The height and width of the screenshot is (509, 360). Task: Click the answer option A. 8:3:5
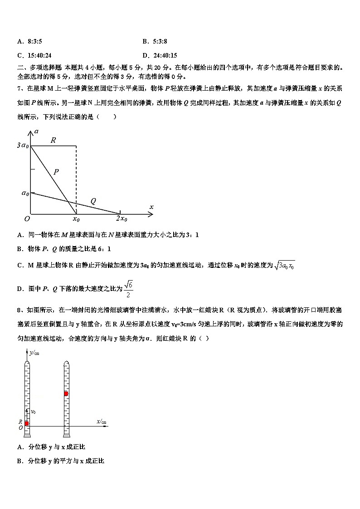click(x=29, y=42)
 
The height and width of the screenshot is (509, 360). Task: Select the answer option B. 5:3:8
click(x=155, y=42)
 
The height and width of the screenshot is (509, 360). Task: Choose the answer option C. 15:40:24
click(x=34, y=55)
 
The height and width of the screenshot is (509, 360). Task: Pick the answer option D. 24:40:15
click(x=160, y=55)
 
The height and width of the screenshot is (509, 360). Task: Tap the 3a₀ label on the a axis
click(x=22, y=146)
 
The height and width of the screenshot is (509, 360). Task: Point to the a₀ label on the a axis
click(x=25, y=194)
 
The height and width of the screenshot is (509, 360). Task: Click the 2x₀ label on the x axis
click(x=121, y=219)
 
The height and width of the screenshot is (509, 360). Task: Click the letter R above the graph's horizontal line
click(x=53, y=141)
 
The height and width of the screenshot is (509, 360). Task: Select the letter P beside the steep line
click(x=56, y=172)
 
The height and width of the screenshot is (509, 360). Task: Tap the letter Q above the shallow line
click(x=93, y=201)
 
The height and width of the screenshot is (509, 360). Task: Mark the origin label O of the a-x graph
click(x=27, y=218)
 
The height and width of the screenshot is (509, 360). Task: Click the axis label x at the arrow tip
click(x=151, y=207)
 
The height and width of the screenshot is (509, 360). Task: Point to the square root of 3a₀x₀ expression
click(x=285, y=266)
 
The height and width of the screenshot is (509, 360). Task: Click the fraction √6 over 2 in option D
click(x=128, y=289)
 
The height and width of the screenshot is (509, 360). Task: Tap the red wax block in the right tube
click(x=66, y=393)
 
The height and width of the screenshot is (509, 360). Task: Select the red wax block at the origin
click(x=27, y=423)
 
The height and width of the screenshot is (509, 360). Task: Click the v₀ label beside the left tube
click(x=33, y=412)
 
